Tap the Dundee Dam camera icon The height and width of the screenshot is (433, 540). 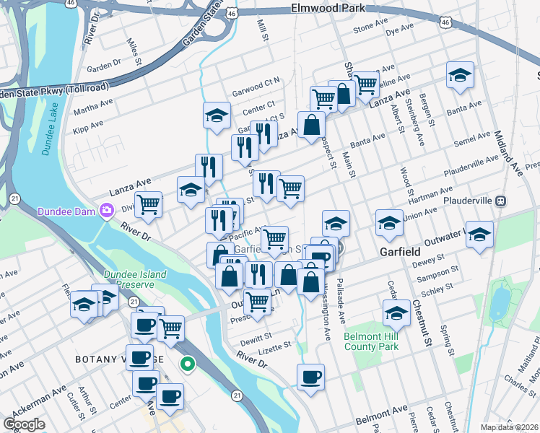107,211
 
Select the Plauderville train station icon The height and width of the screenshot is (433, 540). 499,200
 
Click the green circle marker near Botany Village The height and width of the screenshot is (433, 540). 188,364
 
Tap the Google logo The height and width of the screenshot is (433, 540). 24,424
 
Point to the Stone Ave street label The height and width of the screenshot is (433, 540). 370,29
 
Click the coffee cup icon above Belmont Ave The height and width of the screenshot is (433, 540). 310,376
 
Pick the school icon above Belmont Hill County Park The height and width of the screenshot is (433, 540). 396,312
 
